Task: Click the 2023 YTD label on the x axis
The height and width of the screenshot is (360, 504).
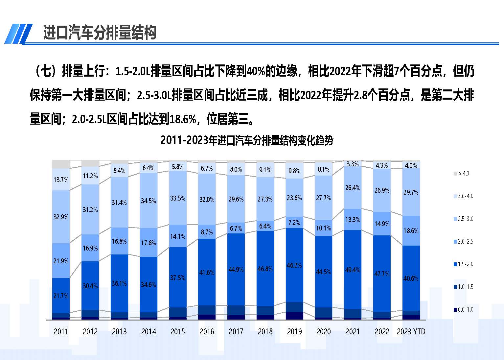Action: pos(411,331)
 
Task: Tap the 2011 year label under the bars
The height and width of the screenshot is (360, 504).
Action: pos(61,331)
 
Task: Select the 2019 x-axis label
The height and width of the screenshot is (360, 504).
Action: pos(294,331)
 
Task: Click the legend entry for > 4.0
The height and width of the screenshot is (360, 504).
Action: pos(463,174)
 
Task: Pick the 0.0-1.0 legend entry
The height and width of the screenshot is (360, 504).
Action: pos(465,309)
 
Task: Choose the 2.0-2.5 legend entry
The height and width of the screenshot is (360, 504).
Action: pos(465,242)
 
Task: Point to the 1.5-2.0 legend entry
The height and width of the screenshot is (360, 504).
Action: pos(465,264)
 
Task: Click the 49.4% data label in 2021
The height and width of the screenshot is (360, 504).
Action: pos(353,270)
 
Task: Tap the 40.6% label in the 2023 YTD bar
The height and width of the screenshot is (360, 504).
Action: pos(411,278)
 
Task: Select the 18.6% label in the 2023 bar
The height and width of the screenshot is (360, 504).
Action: pos(411,231)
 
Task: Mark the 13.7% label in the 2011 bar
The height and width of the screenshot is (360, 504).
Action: pos(61,180)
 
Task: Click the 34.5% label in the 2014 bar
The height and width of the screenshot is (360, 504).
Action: pos(148,201)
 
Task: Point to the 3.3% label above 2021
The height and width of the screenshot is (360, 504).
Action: pos(353,164)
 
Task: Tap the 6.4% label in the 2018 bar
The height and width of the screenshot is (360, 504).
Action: pos(265,226)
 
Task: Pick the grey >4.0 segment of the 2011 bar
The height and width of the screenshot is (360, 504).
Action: pos(61,164)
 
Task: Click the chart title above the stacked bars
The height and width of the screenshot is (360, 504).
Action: pos(247,140)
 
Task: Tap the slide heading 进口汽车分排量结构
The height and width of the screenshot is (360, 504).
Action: pos(100,33)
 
